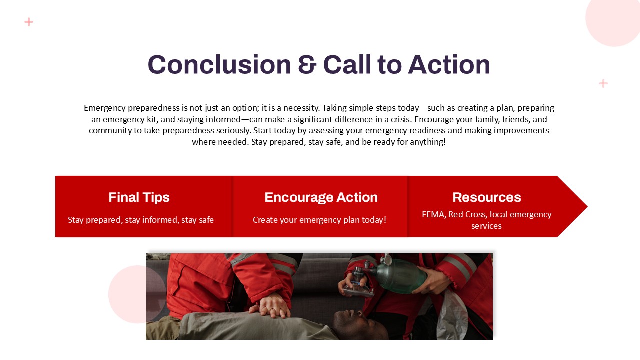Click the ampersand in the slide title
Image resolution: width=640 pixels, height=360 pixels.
307,65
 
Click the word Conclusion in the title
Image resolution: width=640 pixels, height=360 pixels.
219,64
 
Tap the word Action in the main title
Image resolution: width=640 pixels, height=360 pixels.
449,64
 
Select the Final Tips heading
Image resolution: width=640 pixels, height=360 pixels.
139,197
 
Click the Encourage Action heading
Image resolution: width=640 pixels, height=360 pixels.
321,197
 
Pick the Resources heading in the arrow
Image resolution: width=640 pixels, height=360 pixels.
487,197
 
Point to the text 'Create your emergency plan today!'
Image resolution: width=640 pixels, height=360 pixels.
319,220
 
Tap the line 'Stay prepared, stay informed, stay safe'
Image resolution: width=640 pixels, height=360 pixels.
141,220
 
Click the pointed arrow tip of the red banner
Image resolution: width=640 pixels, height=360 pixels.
587,206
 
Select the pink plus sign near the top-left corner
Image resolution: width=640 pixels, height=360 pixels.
29,22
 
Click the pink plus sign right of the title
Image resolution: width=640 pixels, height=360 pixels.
603,83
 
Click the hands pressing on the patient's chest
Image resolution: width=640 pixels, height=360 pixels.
270,307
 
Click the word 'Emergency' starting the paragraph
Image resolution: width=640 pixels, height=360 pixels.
105,108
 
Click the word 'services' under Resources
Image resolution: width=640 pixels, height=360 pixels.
486,226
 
